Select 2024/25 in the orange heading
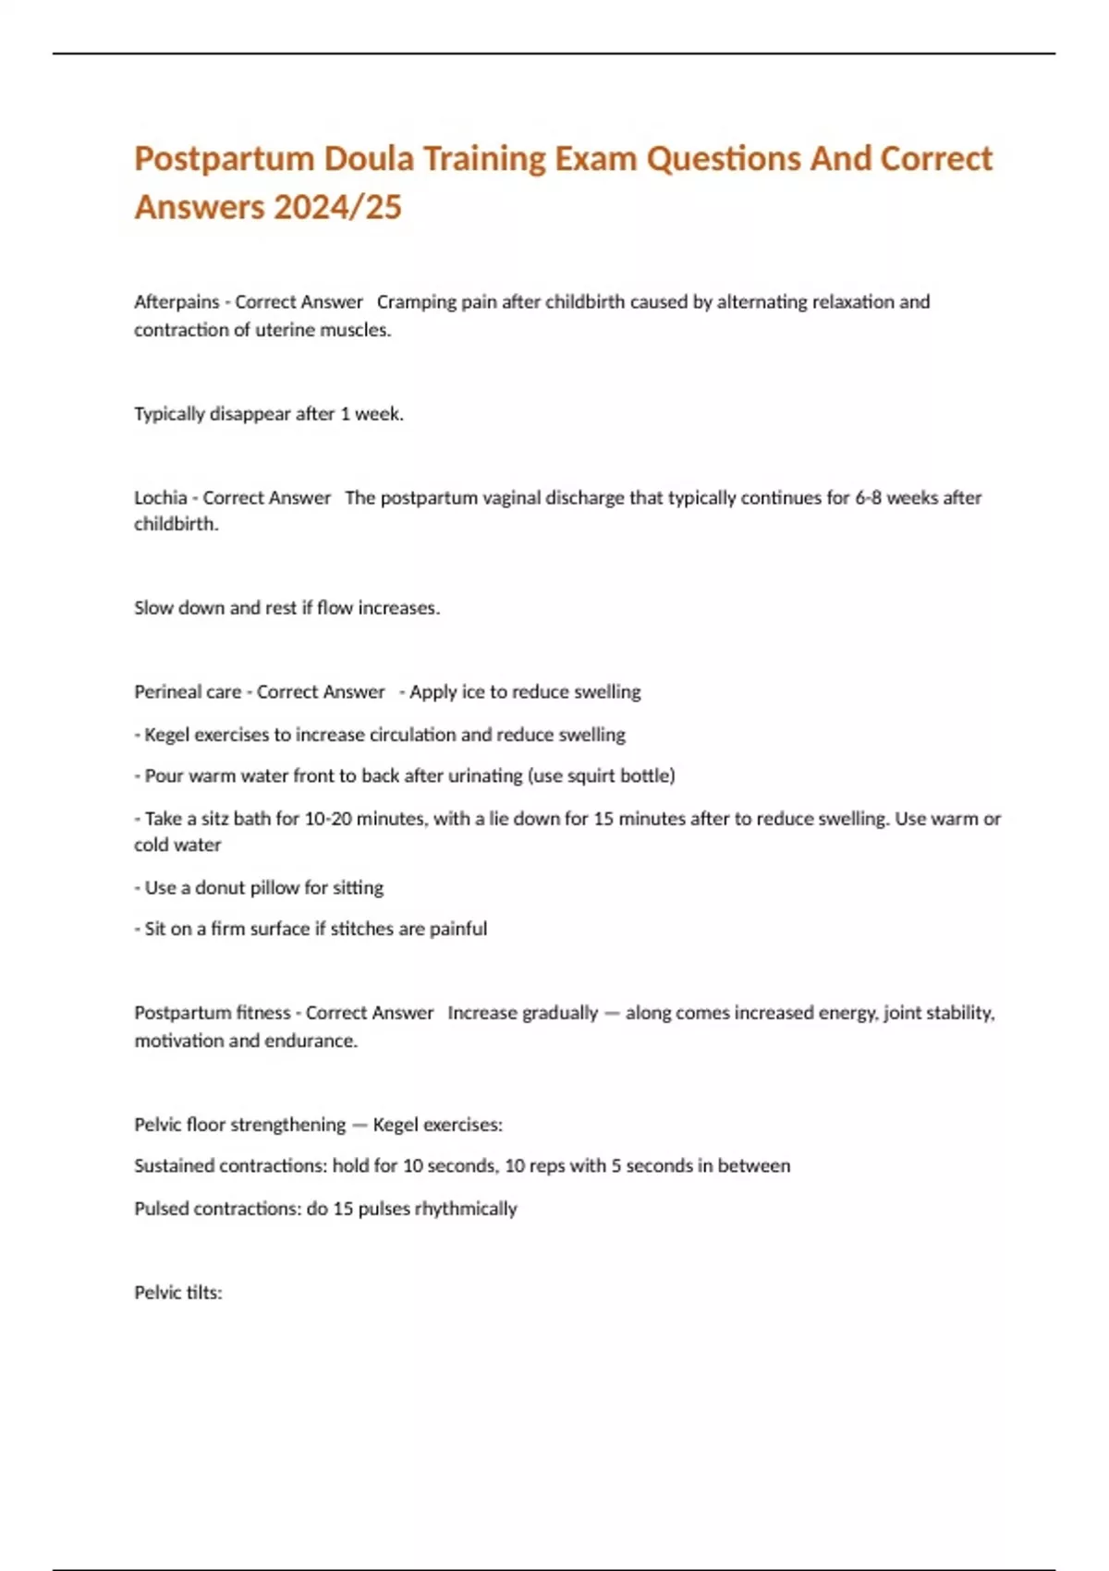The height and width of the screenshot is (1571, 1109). pos(337,207)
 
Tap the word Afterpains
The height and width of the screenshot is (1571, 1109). pos(177,302)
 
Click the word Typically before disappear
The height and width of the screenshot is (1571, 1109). pos(169,414)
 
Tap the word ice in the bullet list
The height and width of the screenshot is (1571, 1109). pos(473,692)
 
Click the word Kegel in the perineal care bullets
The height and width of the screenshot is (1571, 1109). pos(167,735)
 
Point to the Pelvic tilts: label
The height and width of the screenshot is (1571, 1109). pos(178,1293)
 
